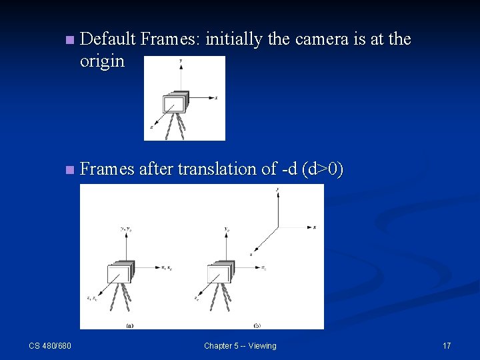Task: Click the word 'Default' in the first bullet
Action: click(107, 39)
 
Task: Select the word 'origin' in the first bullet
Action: click(102, 61)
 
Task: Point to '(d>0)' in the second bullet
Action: click(323, 169)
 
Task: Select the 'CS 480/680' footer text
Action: click(51, 345)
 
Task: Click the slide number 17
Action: click(447, 345)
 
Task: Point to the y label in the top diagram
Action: click(181, 61)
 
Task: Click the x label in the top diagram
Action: click(216, 98)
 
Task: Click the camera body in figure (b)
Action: click(219, 273)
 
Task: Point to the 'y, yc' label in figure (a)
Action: click(125, 229)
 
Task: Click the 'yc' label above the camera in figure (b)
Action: click(228, 229)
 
